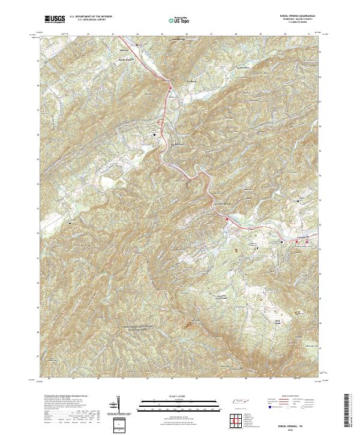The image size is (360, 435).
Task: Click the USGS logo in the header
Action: [55, 19]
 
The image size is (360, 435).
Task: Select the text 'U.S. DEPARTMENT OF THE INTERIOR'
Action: [91, 17]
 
